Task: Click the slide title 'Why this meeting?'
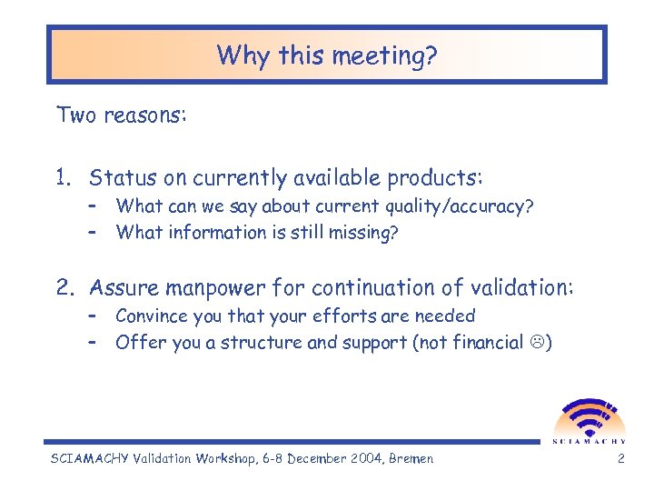pos(327,56)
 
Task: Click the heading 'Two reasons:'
pos(121,115)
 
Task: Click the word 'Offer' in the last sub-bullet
pos(136,343)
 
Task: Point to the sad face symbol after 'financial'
pos(537,344)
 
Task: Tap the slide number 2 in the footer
pos(620,459)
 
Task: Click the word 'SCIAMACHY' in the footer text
pos(92,459)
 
